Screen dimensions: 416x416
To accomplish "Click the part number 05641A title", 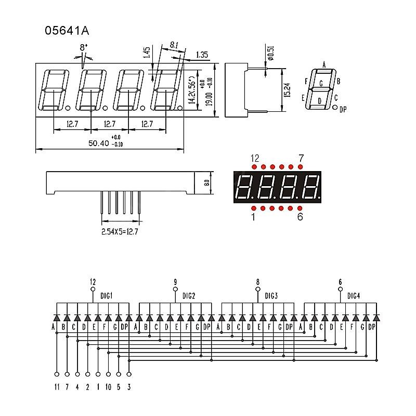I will (67, 31).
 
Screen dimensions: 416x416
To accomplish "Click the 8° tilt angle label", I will (83, 47).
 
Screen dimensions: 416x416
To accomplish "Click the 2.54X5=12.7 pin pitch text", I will (120, 231).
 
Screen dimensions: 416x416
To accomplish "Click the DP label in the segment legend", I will (343, 110).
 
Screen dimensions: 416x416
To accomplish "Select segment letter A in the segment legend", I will (323, 65).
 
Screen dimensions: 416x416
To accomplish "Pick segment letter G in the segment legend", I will (321, 83).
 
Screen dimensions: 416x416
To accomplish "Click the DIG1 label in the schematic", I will (107, 296).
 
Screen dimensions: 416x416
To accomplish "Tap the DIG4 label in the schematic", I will (354, 296).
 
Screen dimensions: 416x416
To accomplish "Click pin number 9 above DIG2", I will (175, 282).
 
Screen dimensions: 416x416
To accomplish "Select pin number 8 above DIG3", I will (258, 282).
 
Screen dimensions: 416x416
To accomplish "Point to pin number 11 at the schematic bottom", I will (56, 386).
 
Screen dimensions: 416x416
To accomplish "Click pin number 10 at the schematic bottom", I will (108, 386).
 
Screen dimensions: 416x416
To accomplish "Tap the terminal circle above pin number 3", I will (128, 374).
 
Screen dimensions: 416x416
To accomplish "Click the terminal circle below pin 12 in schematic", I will (93, 289).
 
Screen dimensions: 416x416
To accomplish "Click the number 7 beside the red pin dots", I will (301, 158).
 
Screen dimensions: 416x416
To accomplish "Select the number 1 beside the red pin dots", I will (253, 217).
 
